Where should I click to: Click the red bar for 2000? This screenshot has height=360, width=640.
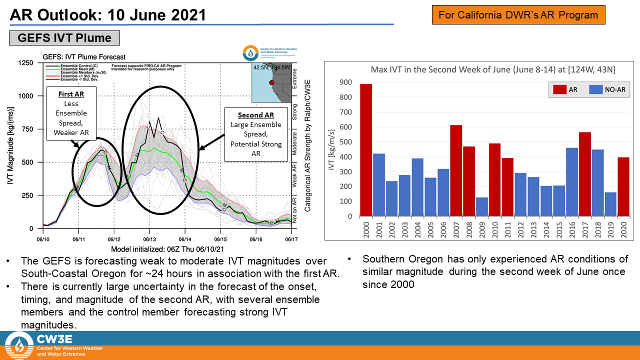pos(366,150)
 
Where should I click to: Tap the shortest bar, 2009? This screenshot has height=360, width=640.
pos(482,207)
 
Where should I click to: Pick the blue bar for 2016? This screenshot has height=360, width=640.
pos(572,182)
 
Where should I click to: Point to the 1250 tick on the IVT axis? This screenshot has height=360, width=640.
pos(25,63)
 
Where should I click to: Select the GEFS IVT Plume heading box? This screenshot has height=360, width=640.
pos(64,38)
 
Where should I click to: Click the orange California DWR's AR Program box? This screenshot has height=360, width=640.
pos(518,15)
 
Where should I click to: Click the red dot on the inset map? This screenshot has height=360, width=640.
pos(271,82)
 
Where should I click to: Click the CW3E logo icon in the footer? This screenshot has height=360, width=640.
pos(19,345)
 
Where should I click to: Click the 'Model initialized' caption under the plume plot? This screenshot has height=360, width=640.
pos(167,248)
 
